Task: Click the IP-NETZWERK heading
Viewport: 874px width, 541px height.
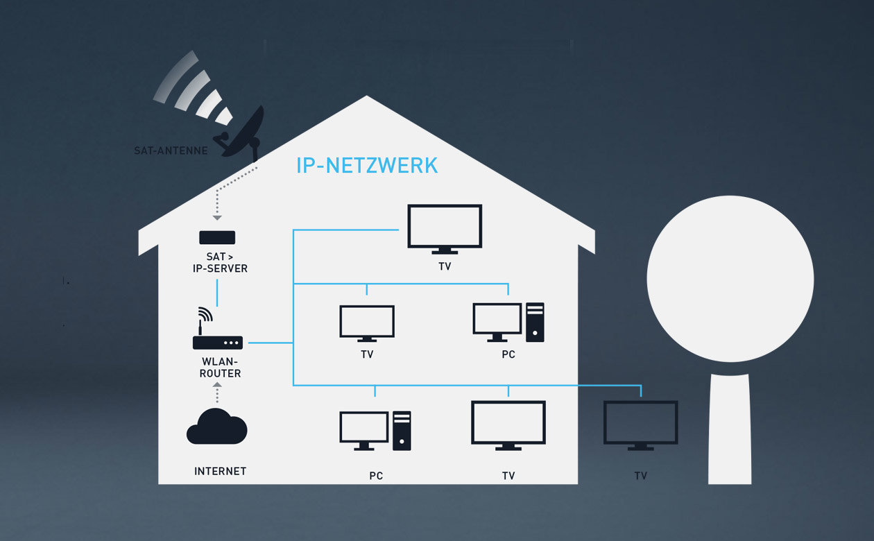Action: (367, 166)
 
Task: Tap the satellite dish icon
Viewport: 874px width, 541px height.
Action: (243, 131)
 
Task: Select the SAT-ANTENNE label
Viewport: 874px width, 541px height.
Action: (171, 151)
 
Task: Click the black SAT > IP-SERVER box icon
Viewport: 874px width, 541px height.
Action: (217, 237)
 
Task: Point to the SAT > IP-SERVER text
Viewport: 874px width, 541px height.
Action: (217, 263)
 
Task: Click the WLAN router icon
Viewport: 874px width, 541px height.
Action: (217, 337)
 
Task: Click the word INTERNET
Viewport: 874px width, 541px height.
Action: (220, 471)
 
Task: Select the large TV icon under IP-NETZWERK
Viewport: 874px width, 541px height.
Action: (445, 227)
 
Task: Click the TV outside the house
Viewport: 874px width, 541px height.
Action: (640, 424)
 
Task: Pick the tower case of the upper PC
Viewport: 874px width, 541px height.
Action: (535, 323)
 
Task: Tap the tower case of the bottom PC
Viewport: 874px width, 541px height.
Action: (402, 431)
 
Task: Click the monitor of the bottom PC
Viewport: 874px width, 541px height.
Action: (364, 429)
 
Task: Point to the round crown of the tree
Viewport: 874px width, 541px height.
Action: (730, 278)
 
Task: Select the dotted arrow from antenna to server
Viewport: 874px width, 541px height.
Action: (218, 195)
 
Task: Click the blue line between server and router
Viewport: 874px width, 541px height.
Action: (218, 292)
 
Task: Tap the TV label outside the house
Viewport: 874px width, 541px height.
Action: (640, 476)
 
